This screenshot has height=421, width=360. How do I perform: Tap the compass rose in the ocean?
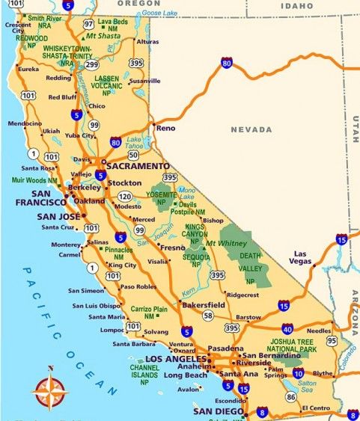(50, 391)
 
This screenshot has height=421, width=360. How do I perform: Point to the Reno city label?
(165, 129)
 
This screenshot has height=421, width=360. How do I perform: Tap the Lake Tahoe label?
(135, 143)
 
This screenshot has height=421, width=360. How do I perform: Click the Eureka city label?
(28, 69)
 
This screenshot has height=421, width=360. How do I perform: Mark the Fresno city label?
(171, 247)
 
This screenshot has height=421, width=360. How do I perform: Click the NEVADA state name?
(251, 129)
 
